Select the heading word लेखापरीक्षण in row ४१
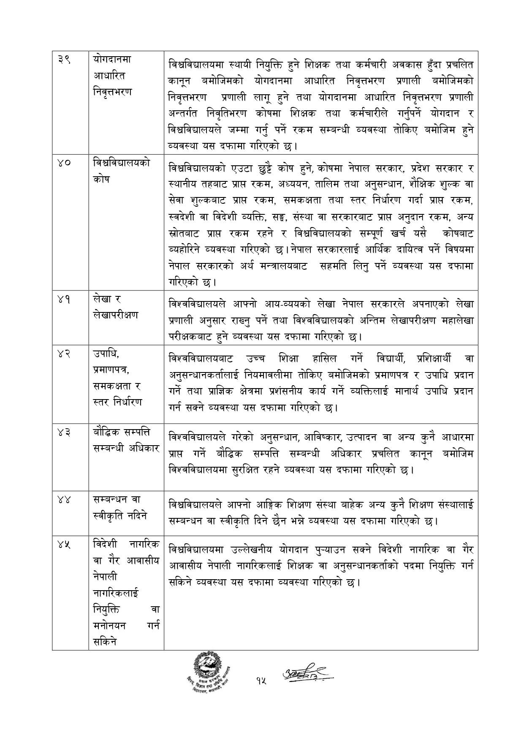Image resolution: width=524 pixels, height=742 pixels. [115, 315]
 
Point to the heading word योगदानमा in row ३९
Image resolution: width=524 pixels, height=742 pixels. [112, 59]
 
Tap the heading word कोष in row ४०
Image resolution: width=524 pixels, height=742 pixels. [101, 179]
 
